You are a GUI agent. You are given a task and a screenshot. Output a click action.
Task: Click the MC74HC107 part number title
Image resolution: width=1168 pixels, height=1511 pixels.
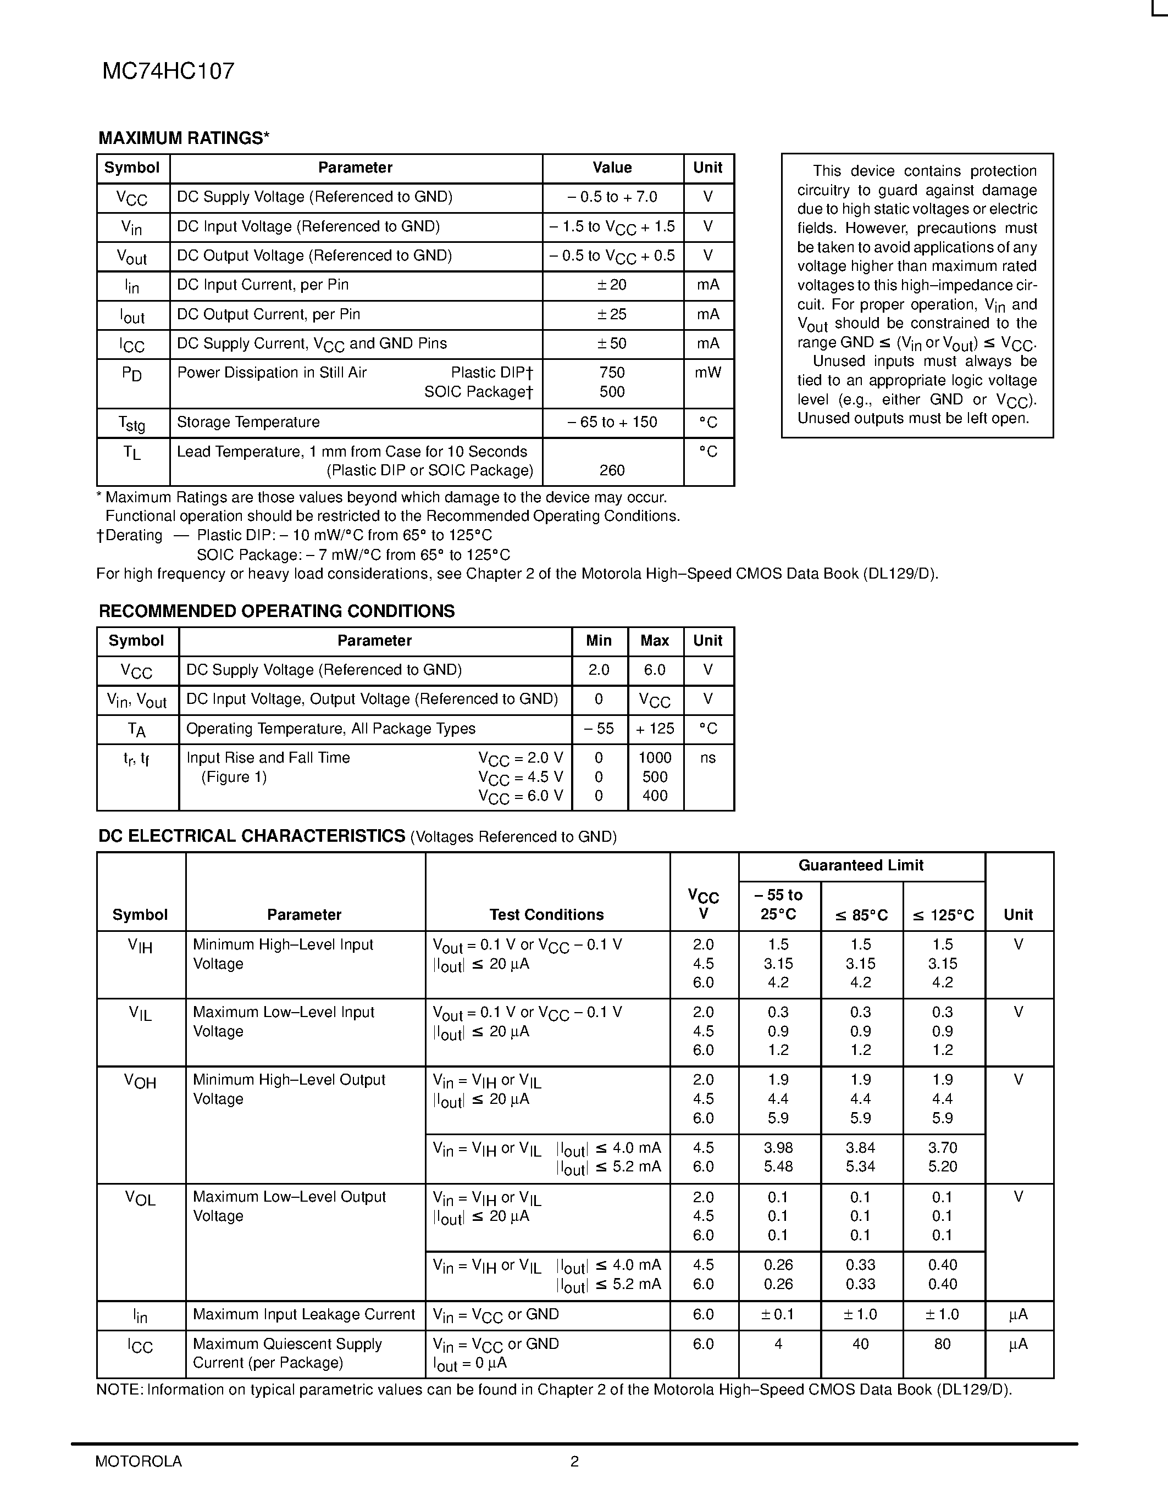pos(168,71)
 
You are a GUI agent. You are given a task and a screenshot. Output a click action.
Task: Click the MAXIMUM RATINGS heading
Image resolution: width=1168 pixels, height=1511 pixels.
pos(184,138)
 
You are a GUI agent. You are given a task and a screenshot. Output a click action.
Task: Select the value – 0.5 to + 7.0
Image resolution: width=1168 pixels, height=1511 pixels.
pos(612,197)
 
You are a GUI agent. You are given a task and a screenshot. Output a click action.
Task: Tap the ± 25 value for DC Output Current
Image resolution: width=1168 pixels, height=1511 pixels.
pos(612,315)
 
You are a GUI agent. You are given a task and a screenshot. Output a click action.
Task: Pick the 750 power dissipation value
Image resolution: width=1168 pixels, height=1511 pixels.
pos(612,373)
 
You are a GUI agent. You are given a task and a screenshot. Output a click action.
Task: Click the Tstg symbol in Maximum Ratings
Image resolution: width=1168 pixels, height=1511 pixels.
pos(131,423)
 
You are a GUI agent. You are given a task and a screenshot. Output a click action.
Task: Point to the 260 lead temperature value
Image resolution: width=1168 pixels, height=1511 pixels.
pos(612,470)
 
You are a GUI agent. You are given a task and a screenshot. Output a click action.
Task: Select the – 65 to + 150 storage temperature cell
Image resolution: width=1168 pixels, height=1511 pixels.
pos(612,422)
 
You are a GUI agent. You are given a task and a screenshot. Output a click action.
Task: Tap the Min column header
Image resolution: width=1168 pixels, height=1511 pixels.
pos(599,641)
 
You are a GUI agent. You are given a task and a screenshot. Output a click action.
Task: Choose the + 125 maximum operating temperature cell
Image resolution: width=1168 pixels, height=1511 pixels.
pos(655,729)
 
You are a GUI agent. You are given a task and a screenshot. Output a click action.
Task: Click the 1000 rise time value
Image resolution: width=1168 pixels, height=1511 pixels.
pos(655,758)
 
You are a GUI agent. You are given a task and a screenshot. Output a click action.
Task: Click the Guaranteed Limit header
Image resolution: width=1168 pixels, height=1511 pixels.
pos(861,865)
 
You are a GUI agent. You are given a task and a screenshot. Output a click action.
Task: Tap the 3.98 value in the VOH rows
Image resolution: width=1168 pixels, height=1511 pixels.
pos(778,1148)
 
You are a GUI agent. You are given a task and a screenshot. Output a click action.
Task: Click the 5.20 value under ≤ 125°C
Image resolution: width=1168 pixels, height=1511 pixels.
pos(943,1166)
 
